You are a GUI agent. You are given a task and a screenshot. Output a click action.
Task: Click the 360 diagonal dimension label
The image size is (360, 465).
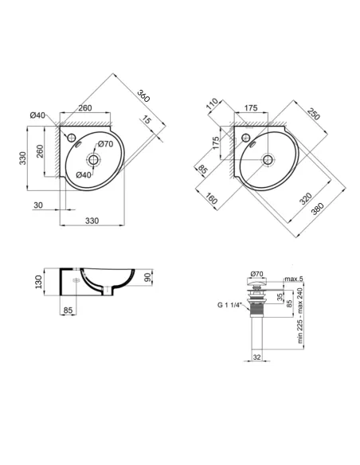(x=143, y=93)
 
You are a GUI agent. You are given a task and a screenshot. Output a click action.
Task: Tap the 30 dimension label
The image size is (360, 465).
(x=38, y=205)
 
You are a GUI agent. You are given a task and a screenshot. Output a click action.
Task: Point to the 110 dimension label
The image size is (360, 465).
(x=212, y=104)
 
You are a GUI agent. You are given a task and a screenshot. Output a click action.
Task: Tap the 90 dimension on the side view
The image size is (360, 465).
(x=147, y=279)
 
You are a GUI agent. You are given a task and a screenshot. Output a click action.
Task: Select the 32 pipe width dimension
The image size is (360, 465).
(x=257, y=358)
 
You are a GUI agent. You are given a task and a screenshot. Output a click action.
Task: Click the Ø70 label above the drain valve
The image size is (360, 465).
(x=256, y=272)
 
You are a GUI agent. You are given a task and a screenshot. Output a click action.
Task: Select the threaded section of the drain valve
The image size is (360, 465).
(x=257, y=303)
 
